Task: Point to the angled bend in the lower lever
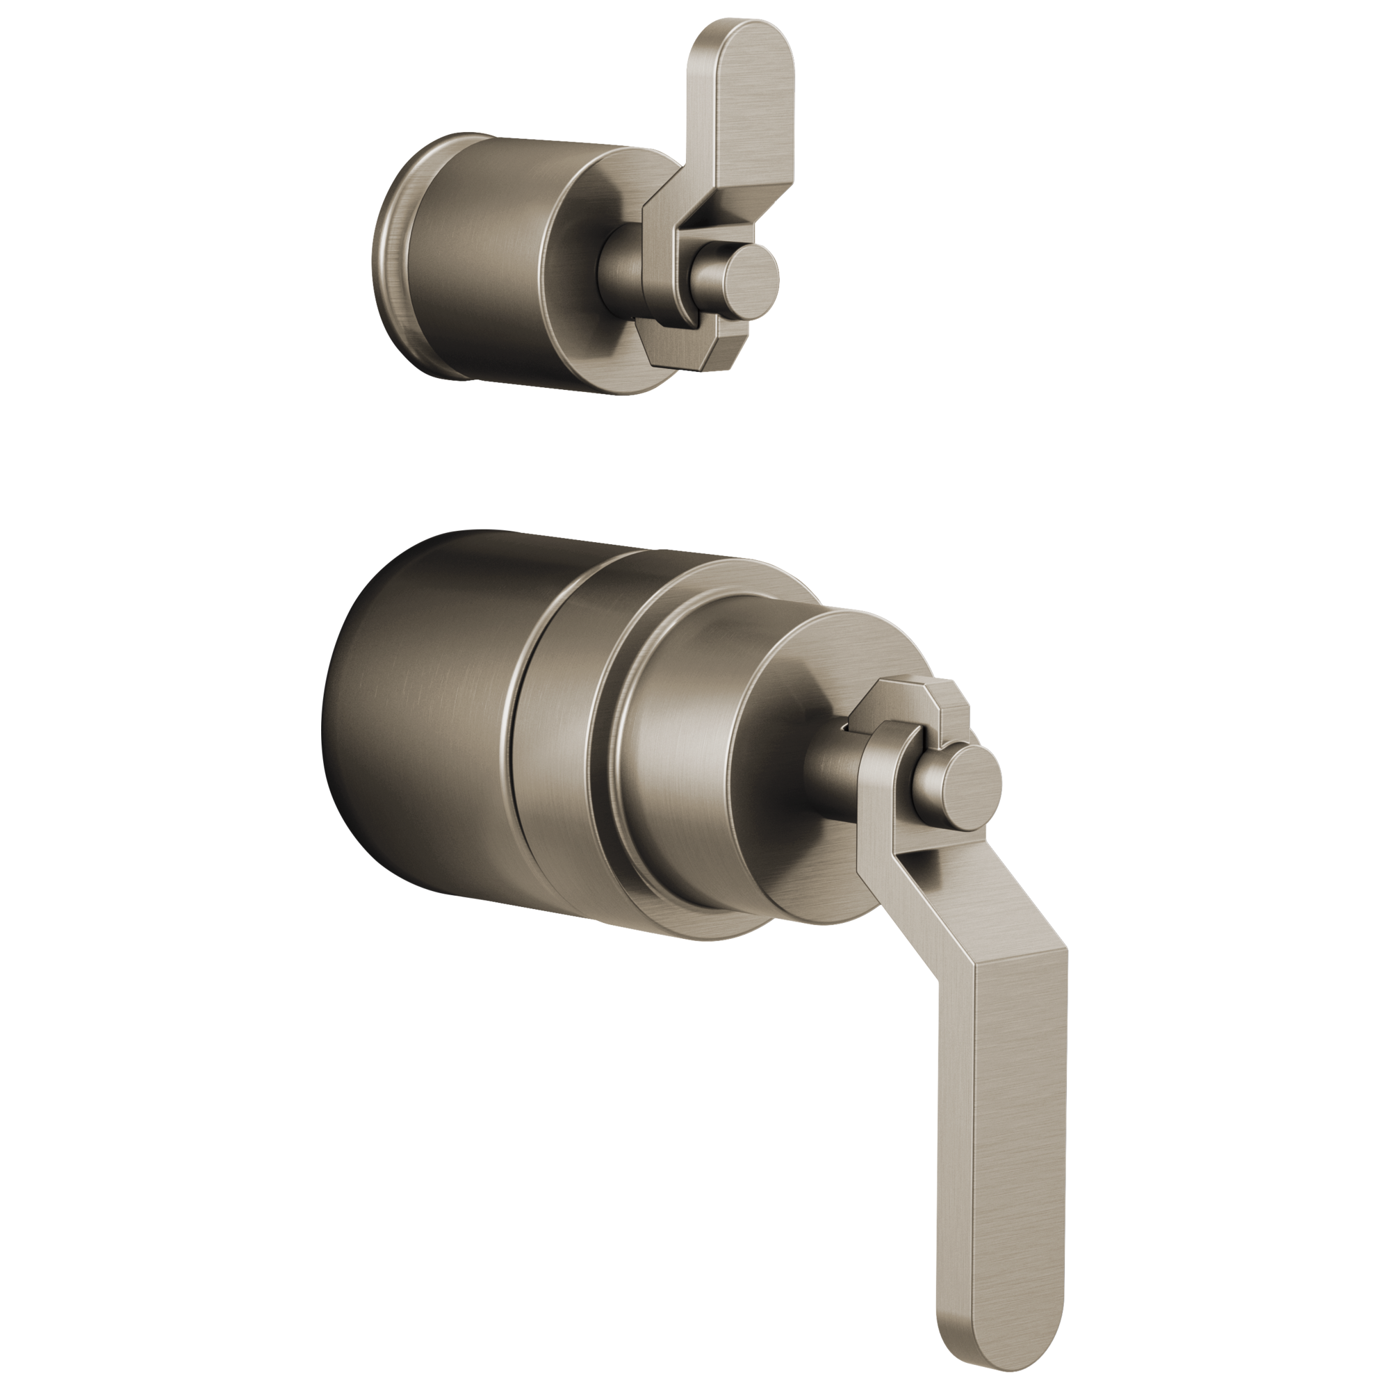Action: tap(935, 928)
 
